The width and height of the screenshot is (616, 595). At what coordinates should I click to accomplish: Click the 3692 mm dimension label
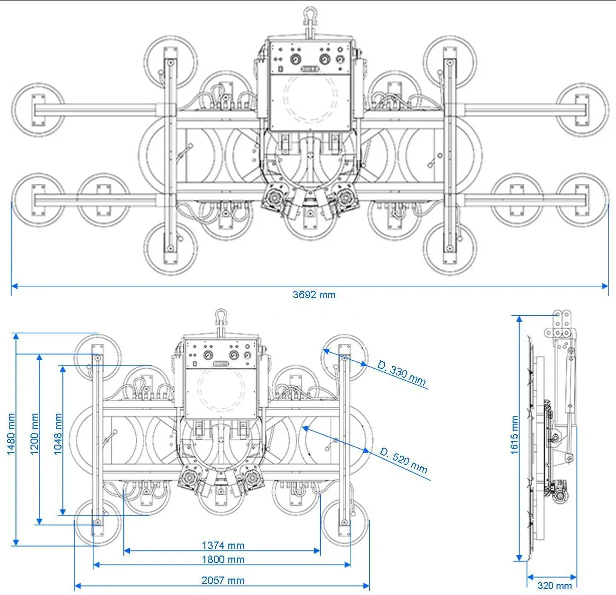click(314, 295)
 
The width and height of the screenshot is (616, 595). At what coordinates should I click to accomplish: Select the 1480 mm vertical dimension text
click(11, 434)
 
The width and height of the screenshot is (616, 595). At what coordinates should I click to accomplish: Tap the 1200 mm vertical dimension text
click(34, 434)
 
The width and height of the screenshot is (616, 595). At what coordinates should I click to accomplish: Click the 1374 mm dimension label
click(223, 546)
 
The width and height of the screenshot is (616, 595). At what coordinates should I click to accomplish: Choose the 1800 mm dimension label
click(223, 560)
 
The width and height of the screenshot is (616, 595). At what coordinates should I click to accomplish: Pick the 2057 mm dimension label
click(223, 581)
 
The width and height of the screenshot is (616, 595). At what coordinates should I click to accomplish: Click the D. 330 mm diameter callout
click(402, 374)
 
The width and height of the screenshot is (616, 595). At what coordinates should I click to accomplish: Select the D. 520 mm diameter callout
click(404, 461)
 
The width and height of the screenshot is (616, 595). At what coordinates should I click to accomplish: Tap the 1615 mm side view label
click(514, 435)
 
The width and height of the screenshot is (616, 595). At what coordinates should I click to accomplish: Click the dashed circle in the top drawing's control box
click(310, 98)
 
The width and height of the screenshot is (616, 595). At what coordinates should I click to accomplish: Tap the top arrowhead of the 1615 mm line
click(520, 319)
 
